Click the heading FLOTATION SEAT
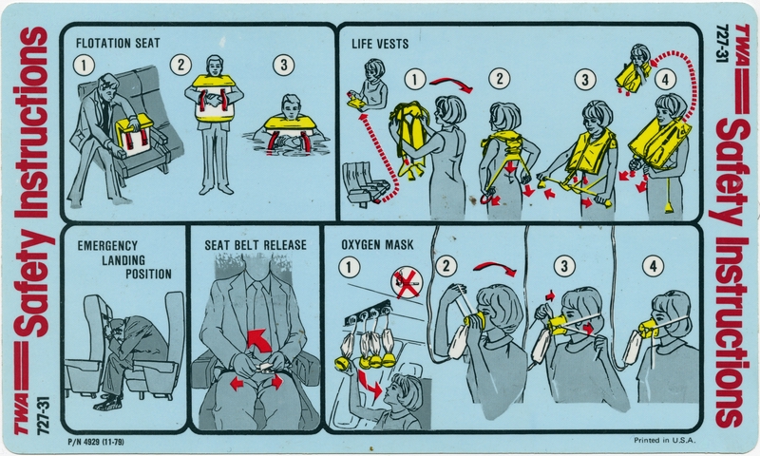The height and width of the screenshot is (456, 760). pyautogui.click(x=118, y=43)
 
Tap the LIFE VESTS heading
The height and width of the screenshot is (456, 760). pyautogui.click(x=380, y=44)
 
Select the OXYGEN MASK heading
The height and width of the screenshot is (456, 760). pyautogui.click(x=377, y=245)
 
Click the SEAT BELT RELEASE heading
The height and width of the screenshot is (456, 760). pyautogui.click(x=256, y=245)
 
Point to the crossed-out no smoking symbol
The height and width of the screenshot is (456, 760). pyautogui.click(x=408, y=282)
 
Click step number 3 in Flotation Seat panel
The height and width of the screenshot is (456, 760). pyautogui.click(x=283, y=65)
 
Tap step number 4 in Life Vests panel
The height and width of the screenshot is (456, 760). pyautogui.click(x=665, y=80)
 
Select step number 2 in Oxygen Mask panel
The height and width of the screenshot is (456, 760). pyautogui.click(x=446, y=266)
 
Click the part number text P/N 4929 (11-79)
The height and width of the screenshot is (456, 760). pyautogui.click(x=97, y=442)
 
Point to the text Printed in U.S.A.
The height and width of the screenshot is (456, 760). pyautogui.click(x=664, y=440)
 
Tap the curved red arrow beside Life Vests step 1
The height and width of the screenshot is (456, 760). pyautogui.click(x=451, y=84)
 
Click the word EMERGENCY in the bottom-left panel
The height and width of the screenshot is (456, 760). pyautogui.click(x=107, y=246)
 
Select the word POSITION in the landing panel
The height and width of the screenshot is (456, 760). pyautogui.click(x=148, y=274)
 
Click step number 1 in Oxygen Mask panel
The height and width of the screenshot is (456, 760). pyautogui.click(x=349, y=267)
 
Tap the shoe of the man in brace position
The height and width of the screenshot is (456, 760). pyautogui.click(x=107, y=403)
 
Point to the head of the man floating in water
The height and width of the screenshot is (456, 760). pyautogui.click(x=291, y=106)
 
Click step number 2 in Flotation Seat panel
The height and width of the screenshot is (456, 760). pyautogui.click(x=180, y=65)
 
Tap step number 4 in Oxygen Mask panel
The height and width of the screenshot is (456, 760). pyautogui.click(x=653, y=266)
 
